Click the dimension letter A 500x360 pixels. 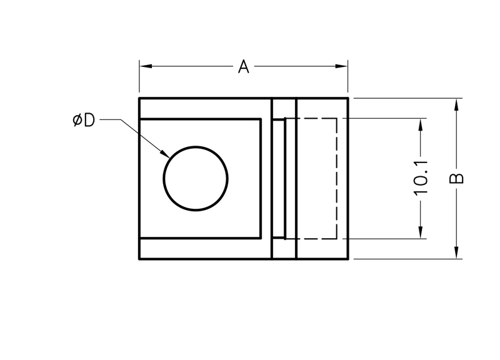[244, 66]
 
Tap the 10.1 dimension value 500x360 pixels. [421, 177]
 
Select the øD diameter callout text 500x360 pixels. [83, 119]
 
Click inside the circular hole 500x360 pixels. [196, 179]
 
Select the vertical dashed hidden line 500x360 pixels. [337, 178]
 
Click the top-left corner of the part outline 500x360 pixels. [139, 98]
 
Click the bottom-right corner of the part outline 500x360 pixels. [347, 259]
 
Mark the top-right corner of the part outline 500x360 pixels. [347, 98]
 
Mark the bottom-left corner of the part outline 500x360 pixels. [139, 259]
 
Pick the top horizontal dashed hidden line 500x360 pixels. [312, 118]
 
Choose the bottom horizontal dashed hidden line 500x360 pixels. [312, 238]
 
